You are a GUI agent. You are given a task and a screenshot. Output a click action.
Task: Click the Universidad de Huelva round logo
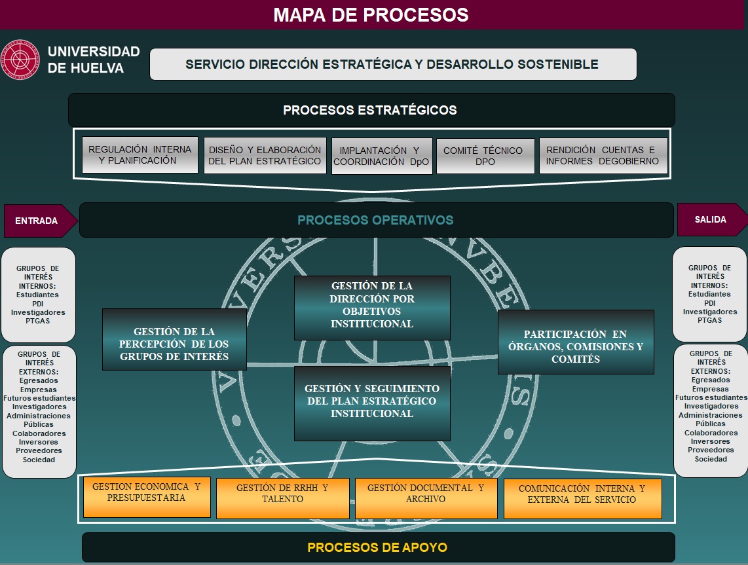20,60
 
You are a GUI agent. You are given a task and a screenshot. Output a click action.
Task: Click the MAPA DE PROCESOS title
371,15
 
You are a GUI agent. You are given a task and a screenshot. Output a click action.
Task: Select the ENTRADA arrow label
41,221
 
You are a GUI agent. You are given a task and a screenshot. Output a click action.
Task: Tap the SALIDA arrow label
712,220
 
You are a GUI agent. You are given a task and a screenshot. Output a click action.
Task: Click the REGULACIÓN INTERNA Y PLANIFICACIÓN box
140,155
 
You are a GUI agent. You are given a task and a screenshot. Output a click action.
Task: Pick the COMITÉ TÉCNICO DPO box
485,156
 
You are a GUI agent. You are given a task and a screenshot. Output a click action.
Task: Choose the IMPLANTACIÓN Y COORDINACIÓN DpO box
382,156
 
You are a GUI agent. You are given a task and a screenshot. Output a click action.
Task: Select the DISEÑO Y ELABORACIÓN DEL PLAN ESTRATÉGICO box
265,155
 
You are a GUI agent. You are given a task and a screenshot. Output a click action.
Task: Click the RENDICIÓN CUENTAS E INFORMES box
603,155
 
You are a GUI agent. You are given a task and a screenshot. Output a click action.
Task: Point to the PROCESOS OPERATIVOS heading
375,220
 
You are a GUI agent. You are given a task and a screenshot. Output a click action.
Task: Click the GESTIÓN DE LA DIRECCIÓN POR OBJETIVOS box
372,308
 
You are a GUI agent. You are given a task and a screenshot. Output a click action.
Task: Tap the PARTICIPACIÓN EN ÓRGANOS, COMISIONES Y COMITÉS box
576,342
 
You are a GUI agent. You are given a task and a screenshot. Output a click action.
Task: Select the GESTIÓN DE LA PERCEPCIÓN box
174,339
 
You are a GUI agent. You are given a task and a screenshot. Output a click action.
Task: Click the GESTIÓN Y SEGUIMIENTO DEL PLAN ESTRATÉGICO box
372,403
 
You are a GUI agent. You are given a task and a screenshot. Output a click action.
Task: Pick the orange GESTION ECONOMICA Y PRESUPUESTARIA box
147,497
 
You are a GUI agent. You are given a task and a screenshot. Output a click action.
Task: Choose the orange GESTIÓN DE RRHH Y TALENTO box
282,498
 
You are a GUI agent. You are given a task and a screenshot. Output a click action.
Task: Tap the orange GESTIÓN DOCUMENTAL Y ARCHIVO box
426,498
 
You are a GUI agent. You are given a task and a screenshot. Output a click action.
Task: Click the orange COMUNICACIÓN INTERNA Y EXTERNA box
582,498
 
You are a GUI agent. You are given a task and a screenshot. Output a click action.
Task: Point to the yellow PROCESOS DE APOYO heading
377,547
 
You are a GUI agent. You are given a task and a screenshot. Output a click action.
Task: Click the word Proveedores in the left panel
39,450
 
